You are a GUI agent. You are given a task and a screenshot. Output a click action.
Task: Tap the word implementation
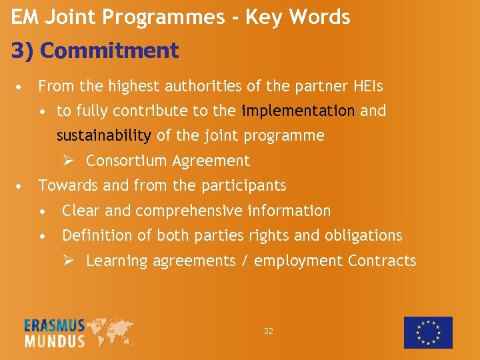point(298,111)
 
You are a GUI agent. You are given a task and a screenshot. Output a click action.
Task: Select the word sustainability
point(103,136)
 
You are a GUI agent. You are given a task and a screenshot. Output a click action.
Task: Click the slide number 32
point(269,331)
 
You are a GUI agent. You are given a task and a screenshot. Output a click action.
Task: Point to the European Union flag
point(428,333)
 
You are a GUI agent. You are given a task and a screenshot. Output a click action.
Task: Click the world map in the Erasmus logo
point(109,331)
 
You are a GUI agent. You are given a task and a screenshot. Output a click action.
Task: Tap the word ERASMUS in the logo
point(55,326)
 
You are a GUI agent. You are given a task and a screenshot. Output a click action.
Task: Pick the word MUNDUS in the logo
point(55,341)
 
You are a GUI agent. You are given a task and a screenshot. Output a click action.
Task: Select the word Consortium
point(127,161)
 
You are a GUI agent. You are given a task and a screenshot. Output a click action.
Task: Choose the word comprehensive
point(189,211)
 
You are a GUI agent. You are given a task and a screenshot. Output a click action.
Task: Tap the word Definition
point(97,235)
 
